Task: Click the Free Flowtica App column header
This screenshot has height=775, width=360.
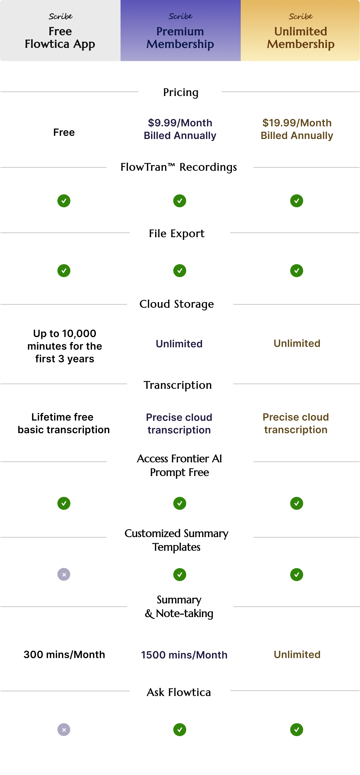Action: [x=60, y=30]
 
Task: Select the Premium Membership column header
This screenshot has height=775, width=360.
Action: [x=180, y=30]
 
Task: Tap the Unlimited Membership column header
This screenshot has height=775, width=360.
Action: [x=300, y=30]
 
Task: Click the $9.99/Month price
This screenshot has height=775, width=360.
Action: [x=180, y=123]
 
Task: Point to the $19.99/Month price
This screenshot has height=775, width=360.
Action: [x=297, y=123]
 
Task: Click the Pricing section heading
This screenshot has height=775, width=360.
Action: [x=181, y=92]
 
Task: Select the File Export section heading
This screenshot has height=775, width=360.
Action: [x=177, y=233]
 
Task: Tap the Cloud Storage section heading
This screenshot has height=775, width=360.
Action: [x=177, y=304]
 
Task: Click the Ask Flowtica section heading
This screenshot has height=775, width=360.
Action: [x=179, y=692]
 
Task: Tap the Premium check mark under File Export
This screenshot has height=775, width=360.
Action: [x=180, y=271]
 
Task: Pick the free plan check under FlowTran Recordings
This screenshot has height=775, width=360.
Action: [x=64, y=201]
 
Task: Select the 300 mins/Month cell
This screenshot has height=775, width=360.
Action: [x=64, y=654]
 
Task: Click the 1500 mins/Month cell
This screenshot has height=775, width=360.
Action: [x=184, y=655]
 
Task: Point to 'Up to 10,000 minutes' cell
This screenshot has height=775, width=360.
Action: [x=65, y=346]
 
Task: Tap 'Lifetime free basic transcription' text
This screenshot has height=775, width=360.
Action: [x=63, y=423]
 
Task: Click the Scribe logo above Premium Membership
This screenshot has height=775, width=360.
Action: [x=180, y=16]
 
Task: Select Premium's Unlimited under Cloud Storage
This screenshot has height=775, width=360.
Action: [x=179, y=344]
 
